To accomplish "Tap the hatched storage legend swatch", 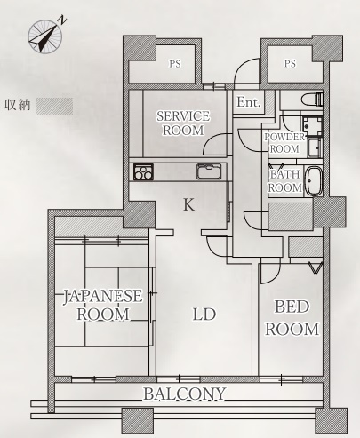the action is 54,106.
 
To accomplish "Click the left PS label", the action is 175,64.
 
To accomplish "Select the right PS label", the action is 290,64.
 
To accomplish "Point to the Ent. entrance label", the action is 249,102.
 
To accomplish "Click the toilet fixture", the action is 312,100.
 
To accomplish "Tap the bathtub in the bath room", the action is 314,181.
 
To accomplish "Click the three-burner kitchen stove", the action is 143,171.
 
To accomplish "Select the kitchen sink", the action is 209,171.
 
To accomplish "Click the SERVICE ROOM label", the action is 183,123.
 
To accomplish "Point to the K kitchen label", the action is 188,204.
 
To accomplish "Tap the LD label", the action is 204,315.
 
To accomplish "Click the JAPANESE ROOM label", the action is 103,305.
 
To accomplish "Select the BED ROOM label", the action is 292,318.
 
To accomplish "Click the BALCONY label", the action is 185,394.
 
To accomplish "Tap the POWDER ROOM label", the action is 284,143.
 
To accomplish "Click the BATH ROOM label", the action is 284,181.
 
